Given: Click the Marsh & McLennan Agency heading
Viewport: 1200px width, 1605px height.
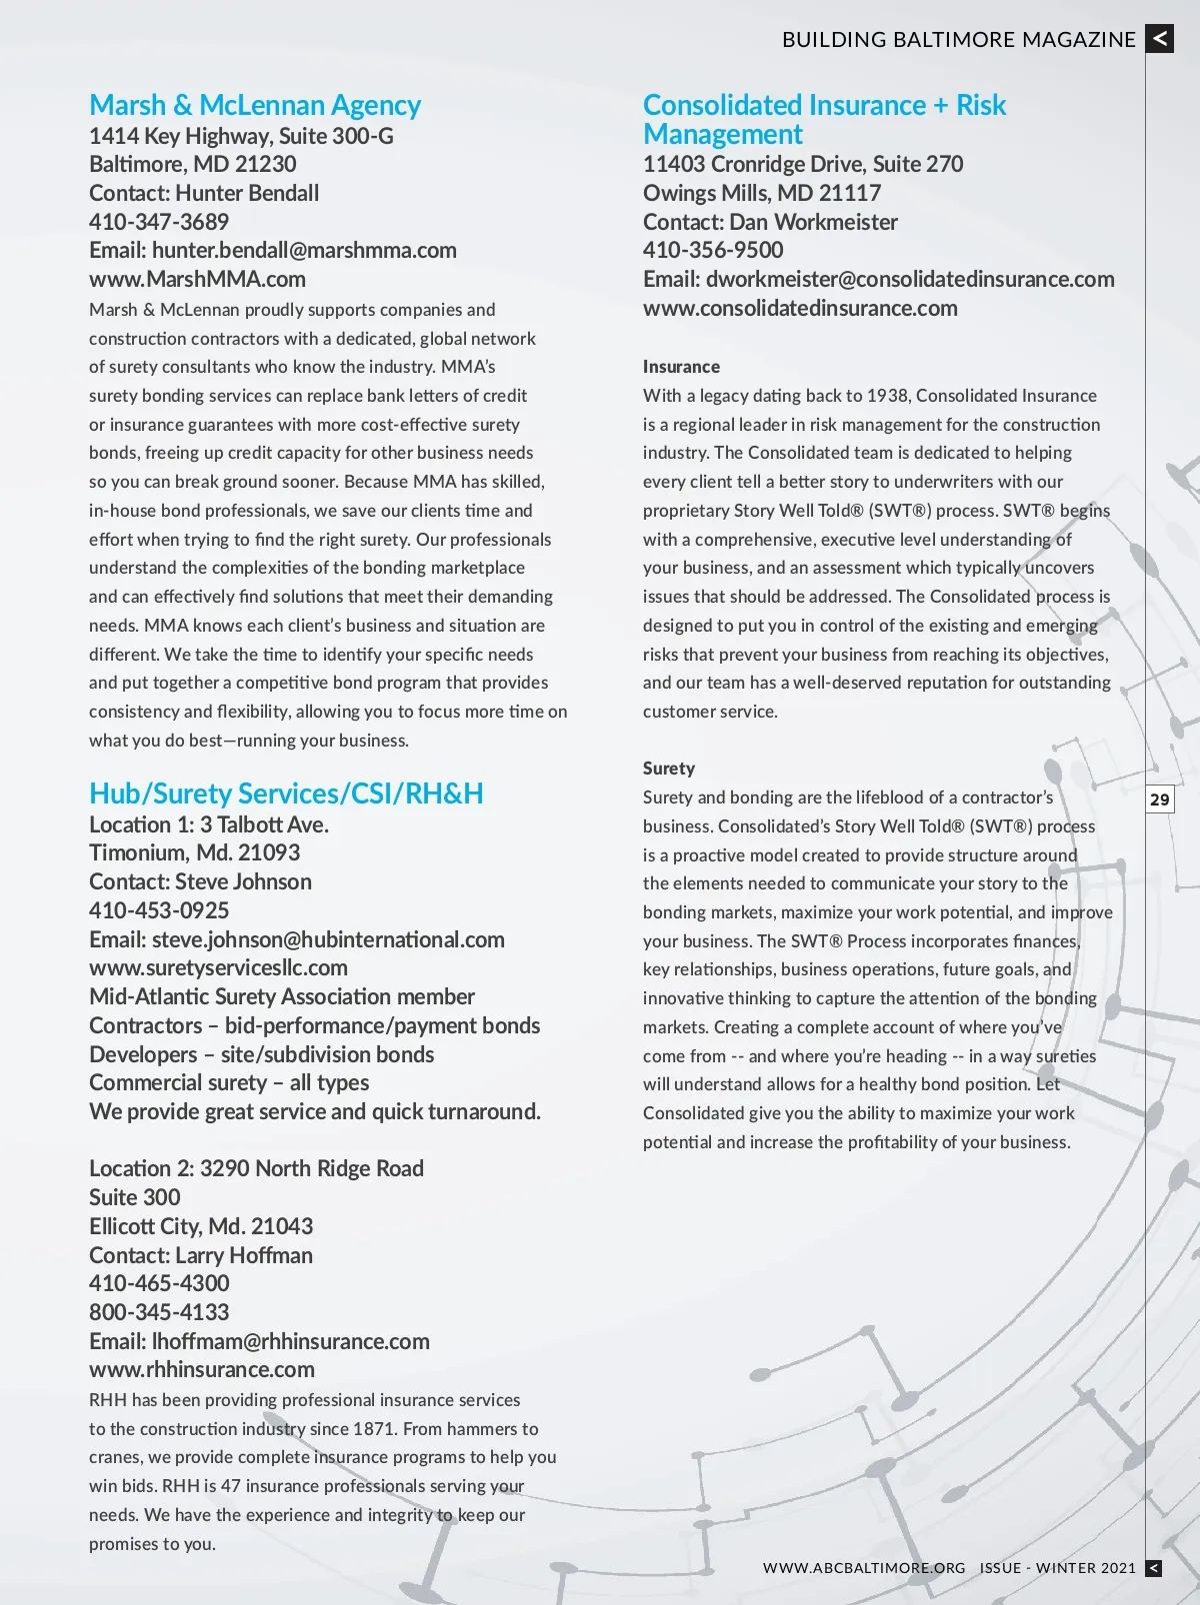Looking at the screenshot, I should (255, 105).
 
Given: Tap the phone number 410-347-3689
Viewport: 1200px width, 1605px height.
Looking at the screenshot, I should (159, 222).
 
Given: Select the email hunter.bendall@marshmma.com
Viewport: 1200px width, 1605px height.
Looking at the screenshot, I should (304, 251).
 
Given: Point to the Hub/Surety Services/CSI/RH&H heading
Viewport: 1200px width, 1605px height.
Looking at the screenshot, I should (286, 794).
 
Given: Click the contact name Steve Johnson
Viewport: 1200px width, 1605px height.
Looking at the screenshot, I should (243, 882).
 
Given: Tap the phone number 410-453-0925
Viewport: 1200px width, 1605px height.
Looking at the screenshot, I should (159, 910).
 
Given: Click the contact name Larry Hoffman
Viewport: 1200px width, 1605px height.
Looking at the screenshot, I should (244, 1256).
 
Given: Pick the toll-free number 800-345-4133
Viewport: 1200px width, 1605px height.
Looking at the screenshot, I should (159, 1313).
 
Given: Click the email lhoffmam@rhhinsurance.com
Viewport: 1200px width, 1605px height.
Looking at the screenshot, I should (290, 1342).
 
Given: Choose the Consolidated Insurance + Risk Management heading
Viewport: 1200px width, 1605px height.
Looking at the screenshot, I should (824, 119).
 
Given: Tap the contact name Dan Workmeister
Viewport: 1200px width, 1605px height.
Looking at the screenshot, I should (813, 222).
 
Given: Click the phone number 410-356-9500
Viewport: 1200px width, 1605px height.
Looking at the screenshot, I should (713, 251).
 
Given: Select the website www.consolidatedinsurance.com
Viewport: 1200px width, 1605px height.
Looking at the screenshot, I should (800, 309).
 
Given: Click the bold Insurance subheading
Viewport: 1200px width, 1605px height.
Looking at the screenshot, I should (681, 367).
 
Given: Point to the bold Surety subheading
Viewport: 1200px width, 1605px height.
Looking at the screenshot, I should (669, 769).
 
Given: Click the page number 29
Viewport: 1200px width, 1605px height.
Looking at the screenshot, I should (1160, 800).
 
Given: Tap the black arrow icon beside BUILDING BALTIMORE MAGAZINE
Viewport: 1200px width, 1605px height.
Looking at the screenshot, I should (1160, 39).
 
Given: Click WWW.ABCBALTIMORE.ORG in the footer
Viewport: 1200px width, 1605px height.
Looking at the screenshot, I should (864, 1568).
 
